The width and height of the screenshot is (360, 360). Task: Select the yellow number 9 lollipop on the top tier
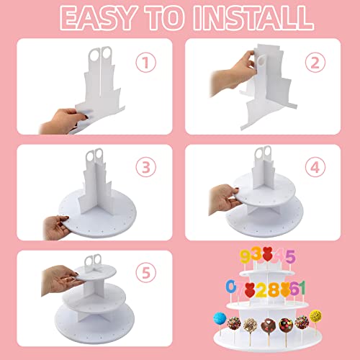point(244,256)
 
